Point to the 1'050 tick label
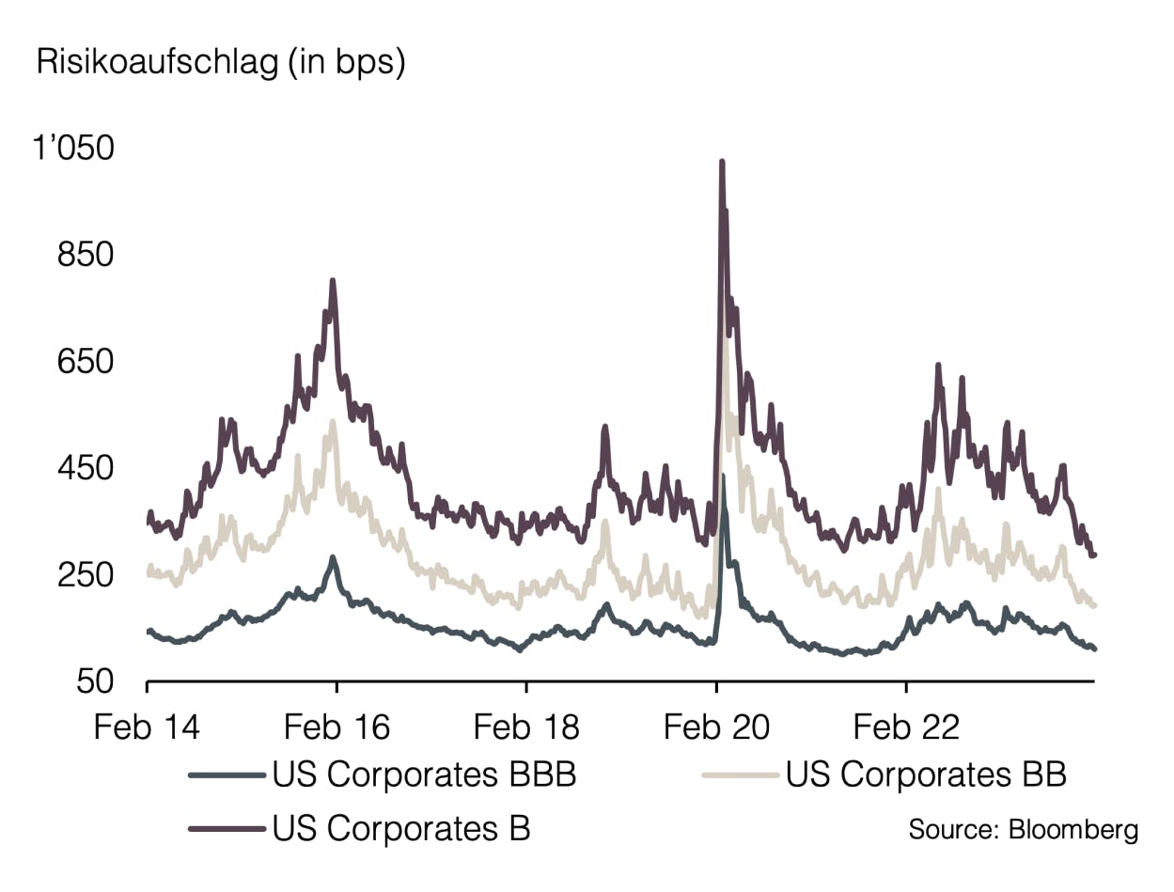coord(73,149)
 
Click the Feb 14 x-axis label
coord(148,728)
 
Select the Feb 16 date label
coord(337,728)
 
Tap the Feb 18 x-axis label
coord(526,728)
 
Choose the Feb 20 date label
coord(716,728)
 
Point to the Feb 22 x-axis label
coord(906,728)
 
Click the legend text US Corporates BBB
coord(424,775)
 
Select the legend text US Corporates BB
coord(926,775)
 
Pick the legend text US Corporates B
coord(401,829)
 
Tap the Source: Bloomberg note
coord(1023,830)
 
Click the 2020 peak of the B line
coord(722,162)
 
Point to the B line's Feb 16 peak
coord(333,280)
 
